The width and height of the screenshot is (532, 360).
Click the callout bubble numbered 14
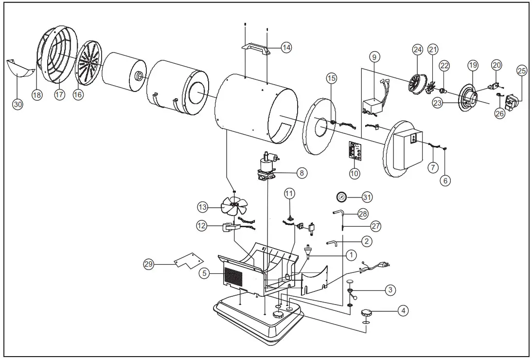[287, 48]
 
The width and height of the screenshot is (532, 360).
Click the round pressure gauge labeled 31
[342, 197]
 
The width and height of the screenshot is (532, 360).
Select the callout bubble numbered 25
[521, 71]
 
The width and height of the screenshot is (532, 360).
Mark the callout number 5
[205, 273]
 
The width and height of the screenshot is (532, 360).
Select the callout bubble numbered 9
[373, 57]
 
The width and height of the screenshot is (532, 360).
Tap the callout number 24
[418, 49]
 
